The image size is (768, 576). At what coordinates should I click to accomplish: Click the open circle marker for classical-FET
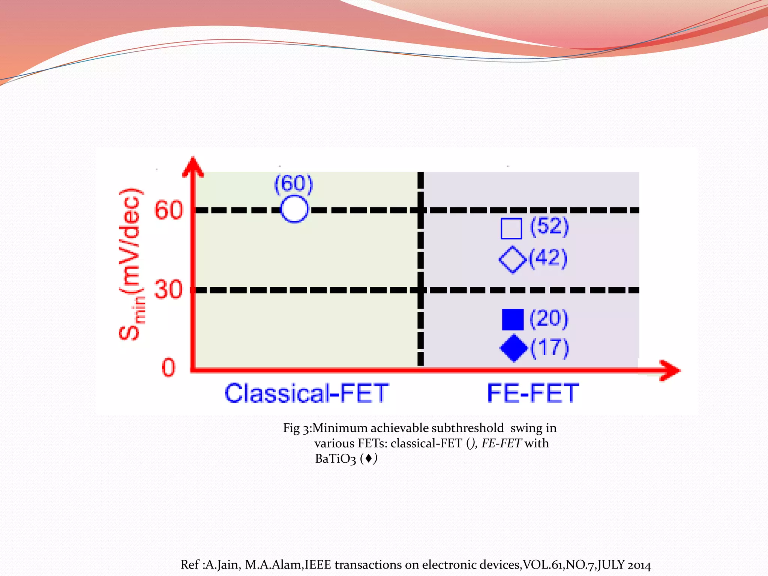pyautogui.click(x=294, y=209)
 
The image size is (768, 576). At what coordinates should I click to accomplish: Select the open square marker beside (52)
pyautogui.click(x=511, y=228)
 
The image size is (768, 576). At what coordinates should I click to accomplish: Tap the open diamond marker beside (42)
pyautogui.click(x=513, y=259)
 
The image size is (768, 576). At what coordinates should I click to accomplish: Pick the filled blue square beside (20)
pyautogui.click(x=513, y=319)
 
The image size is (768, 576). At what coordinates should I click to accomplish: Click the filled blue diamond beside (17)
pyautogui.click(x=513, y=348)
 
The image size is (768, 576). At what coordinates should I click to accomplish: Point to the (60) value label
pyautogui.click(x=294, y=184)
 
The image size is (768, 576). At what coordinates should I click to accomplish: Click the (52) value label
pyautogui.click(x=549, y=226)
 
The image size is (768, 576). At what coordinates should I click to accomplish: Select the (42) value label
pyautogui.click(x=548, y=258)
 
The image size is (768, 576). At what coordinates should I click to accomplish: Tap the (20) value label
pyautogui.click(x=549, y=319)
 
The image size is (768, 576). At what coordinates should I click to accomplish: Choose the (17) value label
pyautogui.click(x=550, y=348)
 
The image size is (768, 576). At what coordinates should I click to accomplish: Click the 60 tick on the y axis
pyautogui.click(x=169, y=210)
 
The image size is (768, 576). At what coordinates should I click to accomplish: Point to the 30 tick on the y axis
pyautogui.click(x=168, y=289)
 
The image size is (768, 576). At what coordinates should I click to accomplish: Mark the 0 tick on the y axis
pyautogui.click(x=168, y=367)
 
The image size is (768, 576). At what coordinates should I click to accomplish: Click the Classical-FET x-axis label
pyautogui.click(x=307, y=393)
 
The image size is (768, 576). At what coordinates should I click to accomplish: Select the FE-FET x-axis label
pyautogui.click(x=533, y=393)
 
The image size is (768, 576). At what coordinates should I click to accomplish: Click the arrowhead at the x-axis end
pyautogui.click(x=670, y=370)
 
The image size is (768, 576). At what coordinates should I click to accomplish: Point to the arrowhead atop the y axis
pyautogui.click(x=193, y=167)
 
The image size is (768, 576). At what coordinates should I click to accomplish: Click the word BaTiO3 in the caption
pyautogui.click(x=335, y=459)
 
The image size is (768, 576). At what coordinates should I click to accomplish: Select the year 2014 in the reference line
pyautogui.click(x=639, y=565)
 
